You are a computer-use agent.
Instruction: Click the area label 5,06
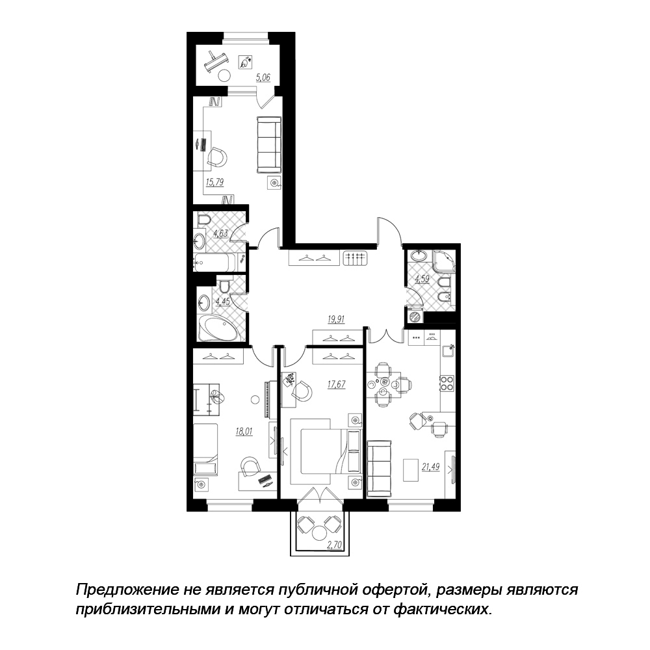pyautogui.click(x=263, y=77)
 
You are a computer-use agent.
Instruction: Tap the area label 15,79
pyautogui.click(x=214, y=181)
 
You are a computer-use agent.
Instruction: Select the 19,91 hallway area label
pyautogui.click(x=336, y=319)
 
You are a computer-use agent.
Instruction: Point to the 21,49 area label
pyautogui.click(x=431, y=467)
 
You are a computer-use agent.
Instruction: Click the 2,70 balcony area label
pyautogui.click(x=334, y=545)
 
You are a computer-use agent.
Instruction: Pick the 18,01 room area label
pyautogui.click(x=244, y=432)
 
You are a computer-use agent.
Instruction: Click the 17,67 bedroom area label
pyautogui.click(x=336, y=384)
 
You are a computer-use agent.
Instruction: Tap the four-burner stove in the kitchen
pyautogui.click(x=447, y=383)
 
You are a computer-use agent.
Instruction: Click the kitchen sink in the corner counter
pyautogui.click(x=448, y=351)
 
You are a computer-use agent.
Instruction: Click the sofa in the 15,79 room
pyautogui.click(x=268, y=145)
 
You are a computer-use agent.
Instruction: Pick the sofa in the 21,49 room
pyautogui.click(x=380, y=469)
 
